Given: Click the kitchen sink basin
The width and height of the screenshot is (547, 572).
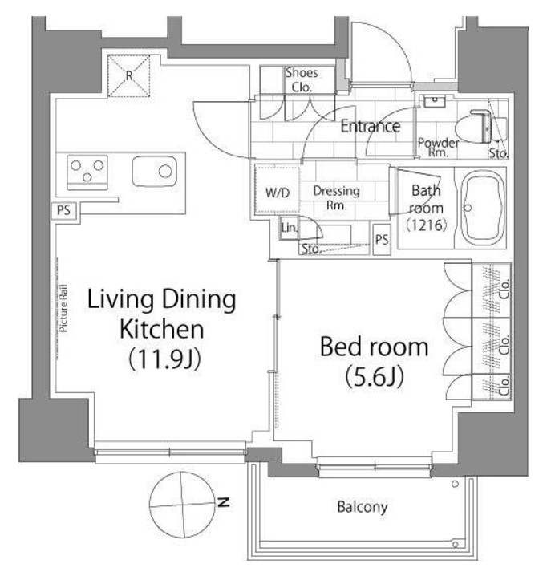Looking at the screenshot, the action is click(x=155, y=171).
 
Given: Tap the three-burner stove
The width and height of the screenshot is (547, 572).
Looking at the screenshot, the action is click(x=87, y=172).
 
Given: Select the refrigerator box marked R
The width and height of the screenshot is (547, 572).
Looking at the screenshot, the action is click(x=128, y=76).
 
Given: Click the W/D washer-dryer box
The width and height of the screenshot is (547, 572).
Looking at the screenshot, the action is click(x=278, y=192).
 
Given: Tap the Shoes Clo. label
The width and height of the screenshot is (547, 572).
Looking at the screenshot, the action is click(x=302, y=80).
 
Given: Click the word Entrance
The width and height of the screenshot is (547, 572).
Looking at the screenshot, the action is click(x=371, y=126).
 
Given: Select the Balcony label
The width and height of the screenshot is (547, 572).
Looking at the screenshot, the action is click(x=362, y=507).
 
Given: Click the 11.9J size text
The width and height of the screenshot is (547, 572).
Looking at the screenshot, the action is click(x=165, y=359).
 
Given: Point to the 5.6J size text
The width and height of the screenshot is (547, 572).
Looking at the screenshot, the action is click(x=375, y=376).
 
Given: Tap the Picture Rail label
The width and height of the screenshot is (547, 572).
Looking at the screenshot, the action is click(x=63, y=308).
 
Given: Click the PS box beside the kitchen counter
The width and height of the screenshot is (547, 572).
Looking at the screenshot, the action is click(x=63, y=210).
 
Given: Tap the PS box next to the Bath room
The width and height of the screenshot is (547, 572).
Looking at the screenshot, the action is click(x=382, y=240).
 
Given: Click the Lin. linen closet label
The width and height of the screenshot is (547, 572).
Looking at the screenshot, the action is click(x=290, y=228).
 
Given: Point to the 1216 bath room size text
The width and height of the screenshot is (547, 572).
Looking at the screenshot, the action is click(x=426, y=225).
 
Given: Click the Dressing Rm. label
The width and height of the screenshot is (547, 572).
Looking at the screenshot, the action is click(x=336, y=197).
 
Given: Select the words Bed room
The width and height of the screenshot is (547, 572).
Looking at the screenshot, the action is click(x=374, y=347).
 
